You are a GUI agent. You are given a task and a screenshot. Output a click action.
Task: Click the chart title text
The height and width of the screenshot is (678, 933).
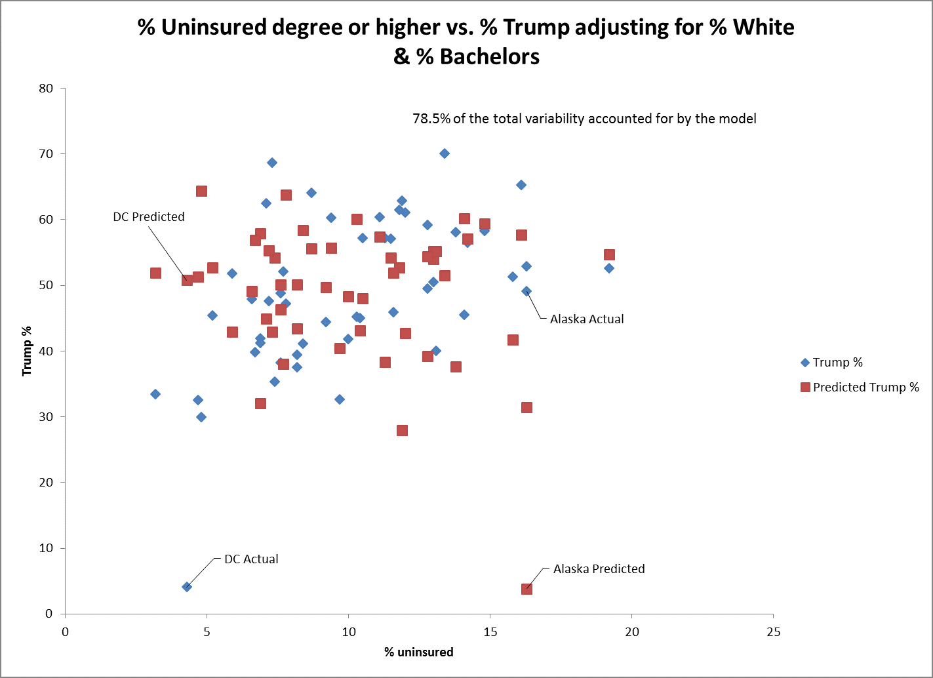[x=466, y=41]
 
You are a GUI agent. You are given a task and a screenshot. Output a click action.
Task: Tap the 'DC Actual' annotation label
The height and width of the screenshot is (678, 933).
[x=251, y=559]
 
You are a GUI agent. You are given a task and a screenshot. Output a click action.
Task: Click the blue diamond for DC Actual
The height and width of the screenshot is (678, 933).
[x=187, y=587]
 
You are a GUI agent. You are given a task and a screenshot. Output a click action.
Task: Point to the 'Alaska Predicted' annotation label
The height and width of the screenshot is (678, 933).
[x=599, y=569]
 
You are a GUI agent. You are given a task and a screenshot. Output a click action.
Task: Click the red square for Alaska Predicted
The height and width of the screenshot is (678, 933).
[x=526, y=589]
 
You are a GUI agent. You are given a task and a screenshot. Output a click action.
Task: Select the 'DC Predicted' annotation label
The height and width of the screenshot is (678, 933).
[x=149, y=217]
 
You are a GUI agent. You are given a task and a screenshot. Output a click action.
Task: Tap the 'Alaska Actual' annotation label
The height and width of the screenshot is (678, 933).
[x=587, y=319]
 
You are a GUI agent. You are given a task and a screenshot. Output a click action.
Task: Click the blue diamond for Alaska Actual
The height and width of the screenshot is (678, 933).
[x=526, y=291]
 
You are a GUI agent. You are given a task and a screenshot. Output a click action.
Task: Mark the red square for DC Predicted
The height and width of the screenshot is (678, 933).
[x=187, y=280]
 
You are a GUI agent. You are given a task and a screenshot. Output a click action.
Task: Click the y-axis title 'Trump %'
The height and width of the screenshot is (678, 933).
[x=27, y=351]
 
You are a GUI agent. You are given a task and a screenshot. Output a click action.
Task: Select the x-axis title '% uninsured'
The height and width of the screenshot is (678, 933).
[x=419, y=652]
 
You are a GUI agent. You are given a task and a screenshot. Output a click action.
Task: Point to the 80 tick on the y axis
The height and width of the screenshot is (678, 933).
[x=46, y=89]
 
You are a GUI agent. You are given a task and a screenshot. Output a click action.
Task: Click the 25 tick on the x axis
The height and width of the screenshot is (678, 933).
[x=773, y=632]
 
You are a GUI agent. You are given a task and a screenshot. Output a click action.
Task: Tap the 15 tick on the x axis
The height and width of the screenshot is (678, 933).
[x=490, y=632]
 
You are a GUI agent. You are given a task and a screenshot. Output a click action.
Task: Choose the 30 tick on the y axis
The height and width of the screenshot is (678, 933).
[x=46, y=417]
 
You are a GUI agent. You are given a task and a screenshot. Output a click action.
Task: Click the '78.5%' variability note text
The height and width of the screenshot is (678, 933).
[x=584, y=119]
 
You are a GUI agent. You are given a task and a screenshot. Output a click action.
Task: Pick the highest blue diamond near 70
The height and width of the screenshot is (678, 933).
[x=445, y=153]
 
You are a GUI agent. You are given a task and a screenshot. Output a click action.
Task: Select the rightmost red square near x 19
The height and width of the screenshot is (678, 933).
[x=609, y=255]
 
